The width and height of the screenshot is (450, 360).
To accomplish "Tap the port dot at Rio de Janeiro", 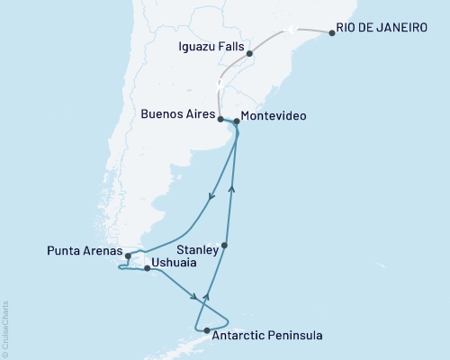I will [333, 33].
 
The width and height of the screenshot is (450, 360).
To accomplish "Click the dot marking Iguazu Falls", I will [249, 53].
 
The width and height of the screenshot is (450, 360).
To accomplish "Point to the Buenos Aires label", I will [178, 116].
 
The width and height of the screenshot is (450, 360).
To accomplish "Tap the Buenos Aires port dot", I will [220, 118].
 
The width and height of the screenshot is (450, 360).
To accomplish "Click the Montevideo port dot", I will [236, 121].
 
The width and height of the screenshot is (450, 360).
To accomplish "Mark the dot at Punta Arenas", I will [129, 256].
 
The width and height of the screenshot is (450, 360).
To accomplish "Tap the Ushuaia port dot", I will [147, 268].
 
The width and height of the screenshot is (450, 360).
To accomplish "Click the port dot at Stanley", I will [225, 246].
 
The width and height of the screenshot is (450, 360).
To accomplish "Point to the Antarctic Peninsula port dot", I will [207, 331].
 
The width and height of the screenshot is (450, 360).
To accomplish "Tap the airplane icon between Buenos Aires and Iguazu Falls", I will [218, 83].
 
